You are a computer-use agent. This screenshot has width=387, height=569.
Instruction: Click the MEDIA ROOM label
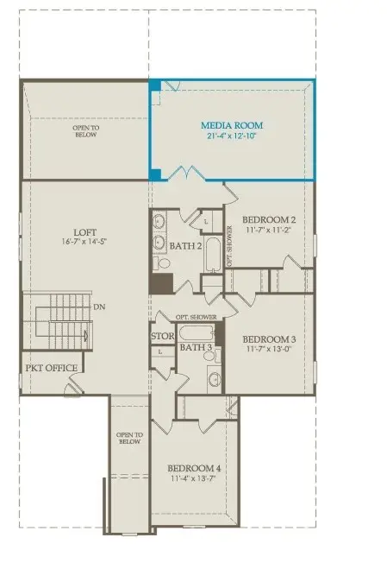point(230,124)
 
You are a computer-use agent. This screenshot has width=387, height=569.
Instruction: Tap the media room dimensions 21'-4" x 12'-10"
point(230,136)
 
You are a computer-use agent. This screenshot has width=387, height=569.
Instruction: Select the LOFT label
point(84,231)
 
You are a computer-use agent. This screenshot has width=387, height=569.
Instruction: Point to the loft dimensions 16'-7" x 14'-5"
point(84,242)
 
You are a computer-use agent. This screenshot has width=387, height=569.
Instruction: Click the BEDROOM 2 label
point(270,219)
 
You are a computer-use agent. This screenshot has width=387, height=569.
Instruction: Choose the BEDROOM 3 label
point(270,339)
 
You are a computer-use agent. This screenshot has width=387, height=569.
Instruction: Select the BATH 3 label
point(197,348)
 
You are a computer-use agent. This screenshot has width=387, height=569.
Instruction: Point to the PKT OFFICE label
point(52,369)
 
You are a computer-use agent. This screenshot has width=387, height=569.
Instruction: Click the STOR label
point(163,337)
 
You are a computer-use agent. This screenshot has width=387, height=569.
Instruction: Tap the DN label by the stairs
point(100,307)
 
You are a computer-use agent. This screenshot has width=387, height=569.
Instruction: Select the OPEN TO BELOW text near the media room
point(85,131)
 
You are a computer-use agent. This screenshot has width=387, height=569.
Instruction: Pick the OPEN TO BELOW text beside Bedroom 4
point(128,438)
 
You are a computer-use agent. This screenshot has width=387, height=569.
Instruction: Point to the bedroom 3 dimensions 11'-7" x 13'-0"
point(270,351)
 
